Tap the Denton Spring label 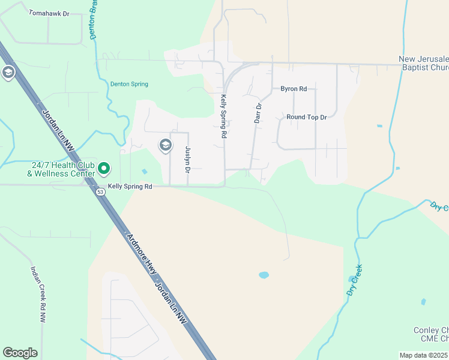coord(129,84)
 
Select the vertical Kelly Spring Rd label coord(223,116)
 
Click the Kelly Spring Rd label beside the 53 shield coord(130,187)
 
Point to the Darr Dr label coord(258,113)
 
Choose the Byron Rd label coord(294,89)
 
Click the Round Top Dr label coord(306,118)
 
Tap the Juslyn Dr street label coord(188,160)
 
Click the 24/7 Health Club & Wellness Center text coord(61,169)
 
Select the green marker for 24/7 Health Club coord(103,168)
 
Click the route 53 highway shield coord(100,191)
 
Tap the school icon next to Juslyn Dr coord(165,145)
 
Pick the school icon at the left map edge coord(8,73)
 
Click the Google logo coord(20,353)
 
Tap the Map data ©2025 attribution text coord(424,355)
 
